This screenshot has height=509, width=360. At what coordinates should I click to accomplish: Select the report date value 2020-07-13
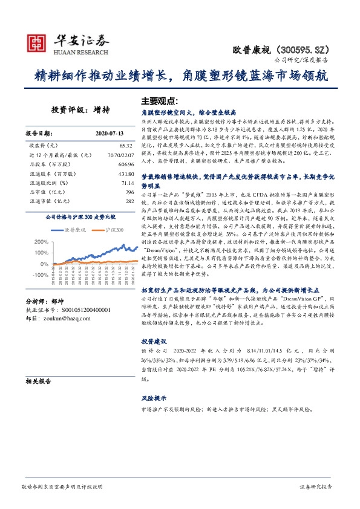[x=110, y=133]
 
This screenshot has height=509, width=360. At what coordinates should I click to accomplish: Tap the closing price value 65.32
[x=125, y=146]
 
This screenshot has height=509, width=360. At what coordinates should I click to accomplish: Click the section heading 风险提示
[x=154, y=398]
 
